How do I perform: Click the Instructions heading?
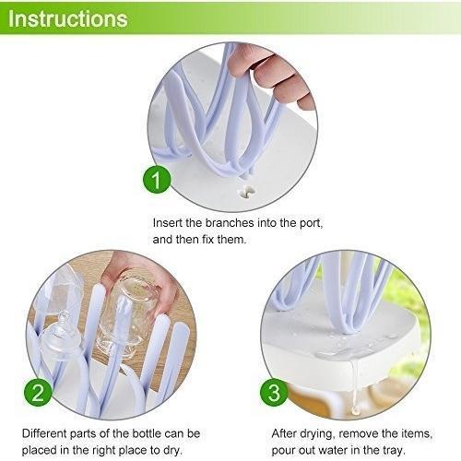(67, 18)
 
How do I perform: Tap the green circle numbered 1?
(157, 180)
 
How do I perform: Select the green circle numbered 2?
(38, 393)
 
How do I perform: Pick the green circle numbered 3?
(274, 393)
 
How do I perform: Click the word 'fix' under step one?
(207, 239)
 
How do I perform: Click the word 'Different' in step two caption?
(44, 433)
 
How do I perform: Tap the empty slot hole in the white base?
(247, 192)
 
